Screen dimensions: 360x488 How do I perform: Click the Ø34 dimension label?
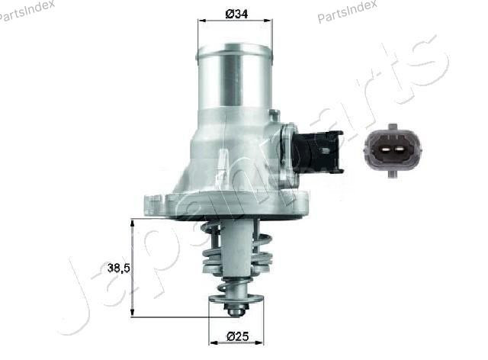236,13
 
